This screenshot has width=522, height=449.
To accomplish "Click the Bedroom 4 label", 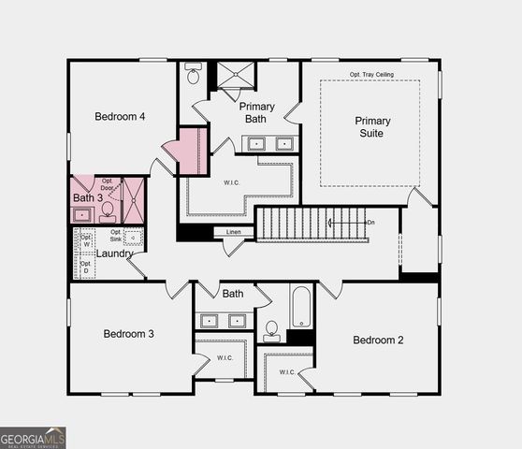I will pos(120,117).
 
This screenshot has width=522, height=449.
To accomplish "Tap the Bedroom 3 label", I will pos(128,334).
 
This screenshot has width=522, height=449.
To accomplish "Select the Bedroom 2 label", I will pos(378,340).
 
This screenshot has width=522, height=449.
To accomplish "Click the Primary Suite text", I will pos(371,126).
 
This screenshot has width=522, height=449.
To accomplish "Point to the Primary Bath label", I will pos(256,112).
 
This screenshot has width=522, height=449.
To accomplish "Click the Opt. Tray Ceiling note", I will pos(372,74).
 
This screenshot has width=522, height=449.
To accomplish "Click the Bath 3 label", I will pos(88,198).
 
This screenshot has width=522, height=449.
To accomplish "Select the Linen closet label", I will pos(233,232).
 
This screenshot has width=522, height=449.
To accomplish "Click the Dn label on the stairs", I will pos(370,222).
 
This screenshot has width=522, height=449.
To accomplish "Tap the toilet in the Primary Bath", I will pos(194,72).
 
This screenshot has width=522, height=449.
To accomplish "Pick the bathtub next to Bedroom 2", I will pos(301,306).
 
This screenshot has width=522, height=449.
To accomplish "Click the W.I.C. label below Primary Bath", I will pos(232,183).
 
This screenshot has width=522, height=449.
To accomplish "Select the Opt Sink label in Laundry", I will pos(115,236).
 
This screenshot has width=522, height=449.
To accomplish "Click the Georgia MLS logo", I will pos(33,437).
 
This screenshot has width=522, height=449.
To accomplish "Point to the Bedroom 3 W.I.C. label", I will pos(225,357).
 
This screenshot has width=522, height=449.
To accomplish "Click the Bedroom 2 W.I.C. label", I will pos(286,371).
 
